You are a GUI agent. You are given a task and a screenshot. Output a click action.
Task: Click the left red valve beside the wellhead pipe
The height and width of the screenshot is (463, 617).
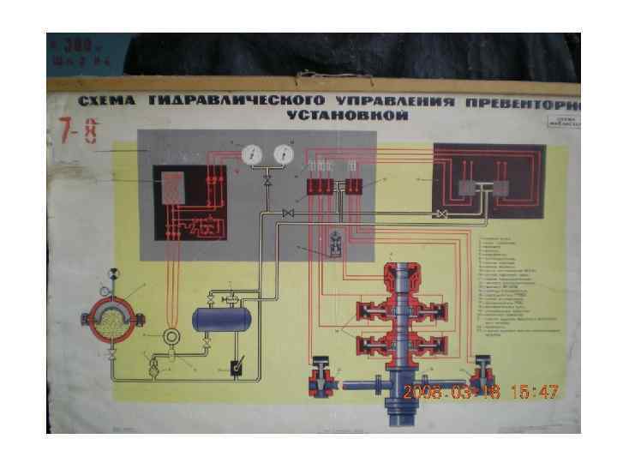tap(325, 375)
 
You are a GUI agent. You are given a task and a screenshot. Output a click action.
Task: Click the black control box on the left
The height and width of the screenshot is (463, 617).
tap(193, 204)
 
